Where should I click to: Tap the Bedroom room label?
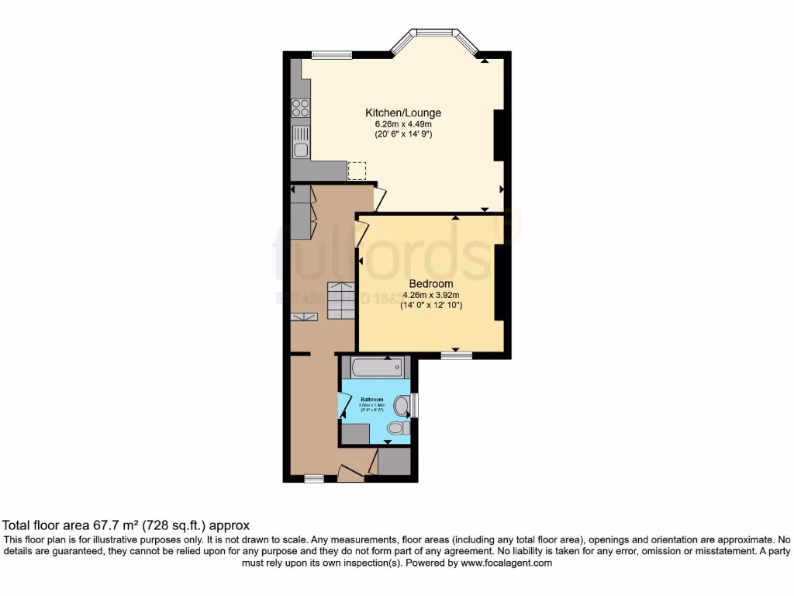(x=430, y=284)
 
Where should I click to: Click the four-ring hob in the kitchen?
(x=300, y=108)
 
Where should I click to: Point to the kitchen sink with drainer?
(x=300, y=142)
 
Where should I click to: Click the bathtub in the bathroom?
(x=375, y=366)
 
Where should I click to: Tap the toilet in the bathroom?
(x=398, y=428)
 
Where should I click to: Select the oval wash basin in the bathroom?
(x=402, y=405)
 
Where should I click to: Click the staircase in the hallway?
(x=340, y=300)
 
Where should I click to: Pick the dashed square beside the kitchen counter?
(x=357, y=171)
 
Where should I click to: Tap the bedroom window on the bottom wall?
(x=457, y=355)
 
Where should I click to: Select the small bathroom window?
(x=416, y=404)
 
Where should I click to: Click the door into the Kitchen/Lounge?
(x=378, y=199)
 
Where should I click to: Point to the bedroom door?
(x=361, y=234)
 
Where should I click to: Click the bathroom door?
(x=343, y=405)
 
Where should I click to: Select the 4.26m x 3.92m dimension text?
(x=430, y=295)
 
